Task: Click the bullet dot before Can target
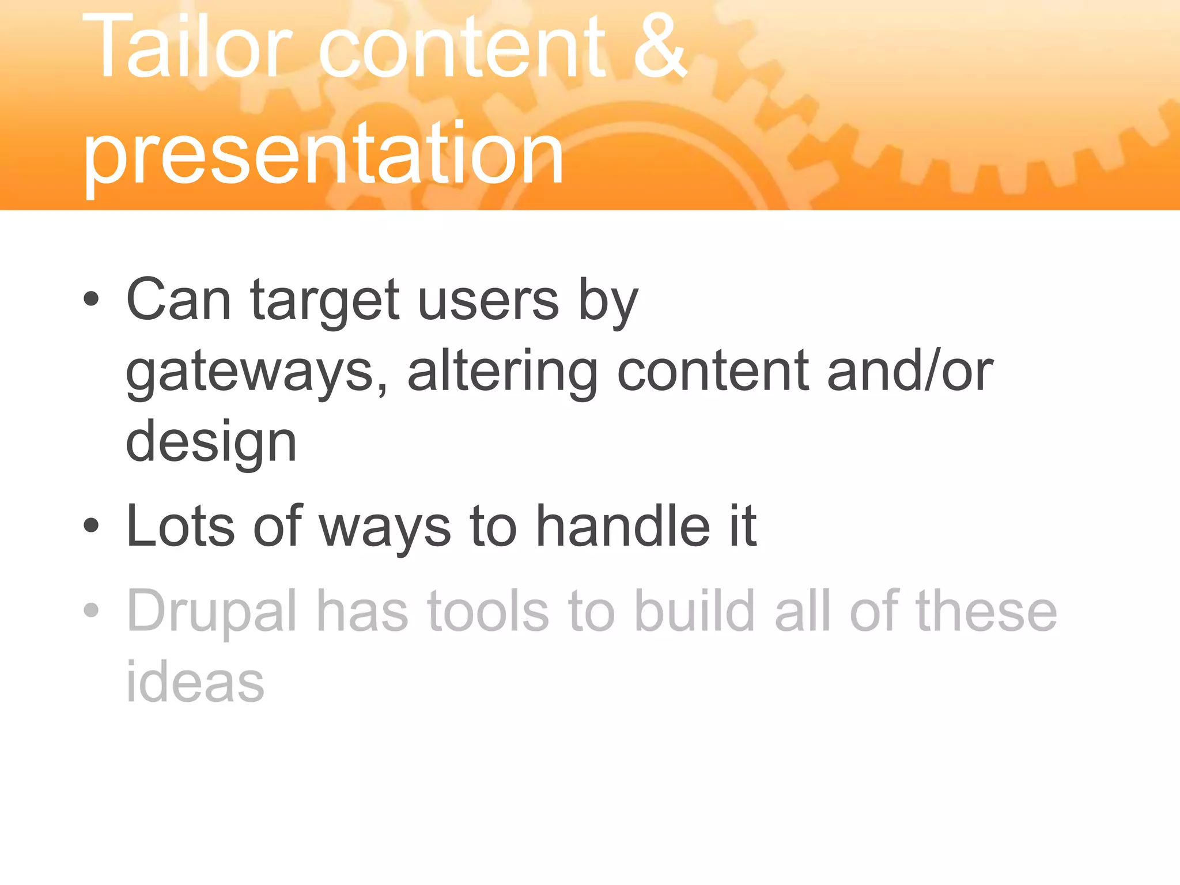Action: (x=91, y=299)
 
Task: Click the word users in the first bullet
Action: (x=488, y=300)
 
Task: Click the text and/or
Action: (x=910, y=372)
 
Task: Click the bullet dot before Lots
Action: (x=91, y=525)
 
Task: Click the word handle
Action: (x=623, y=525)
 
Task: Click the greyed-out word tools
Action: (x=488, y=611)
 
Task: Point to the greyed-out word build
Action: (x=694, y=611)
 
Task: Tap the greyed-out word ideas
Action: (x=195, y=682)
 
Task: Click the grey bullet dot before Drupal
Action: (x=91, y=610)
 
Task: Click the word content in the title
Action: (x=462, y=46)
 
